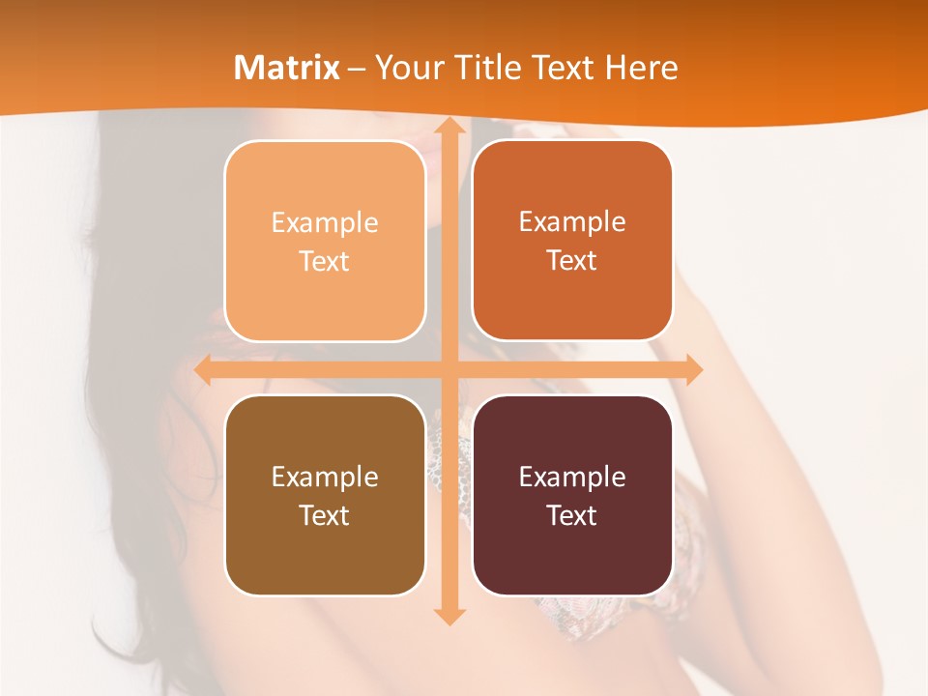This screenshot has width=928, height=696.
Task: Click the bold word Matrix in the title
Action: [287, 68]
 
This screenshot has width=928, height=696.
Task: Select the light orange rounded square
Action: [325, 242]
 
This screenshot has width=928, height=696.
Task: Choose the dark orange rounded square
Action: [572, 241]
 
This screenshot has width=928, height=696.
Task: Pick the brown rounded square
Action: [325, 495]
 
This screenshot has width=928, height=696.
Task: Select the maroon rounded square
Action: [572, 495]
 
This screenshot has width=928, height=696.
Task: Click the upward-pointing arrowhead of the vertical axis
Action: [449, 129]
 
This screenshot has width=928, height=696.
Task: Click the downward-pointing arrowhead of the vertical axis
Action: [449, 615]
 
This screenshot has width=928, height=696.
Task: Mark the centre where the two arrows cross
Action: [449, 370]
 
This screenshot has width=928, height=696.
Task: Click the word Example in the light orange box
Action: [325, 223]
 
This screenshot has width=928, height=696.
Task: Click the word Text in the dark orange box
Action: [572, 261]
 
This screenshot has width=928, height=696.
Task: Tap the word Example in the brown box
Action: [325, 477]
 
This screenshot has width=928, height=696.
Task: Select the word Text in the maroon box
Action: [572, 515]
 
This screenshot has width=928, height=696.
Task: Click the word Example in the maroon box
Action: [572, 477]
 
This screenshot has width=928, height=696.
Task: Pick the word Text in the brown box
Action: [325, 515]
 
